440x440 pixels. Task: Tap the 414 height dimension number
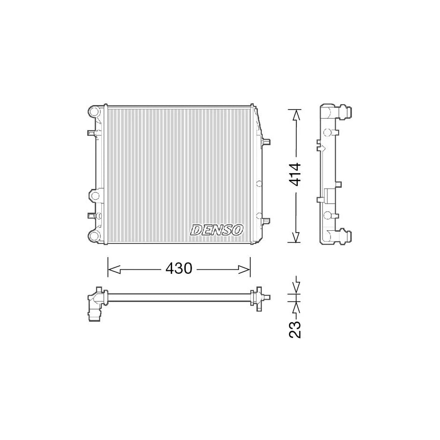(x=295, y=174)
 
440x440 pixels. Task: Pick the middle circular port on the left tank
(x=94, y=196)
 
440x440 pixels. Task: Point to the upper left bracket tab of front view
(x=91, y=133)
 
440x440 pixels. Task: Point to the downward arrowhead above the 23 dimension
(x=296, y=288)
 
